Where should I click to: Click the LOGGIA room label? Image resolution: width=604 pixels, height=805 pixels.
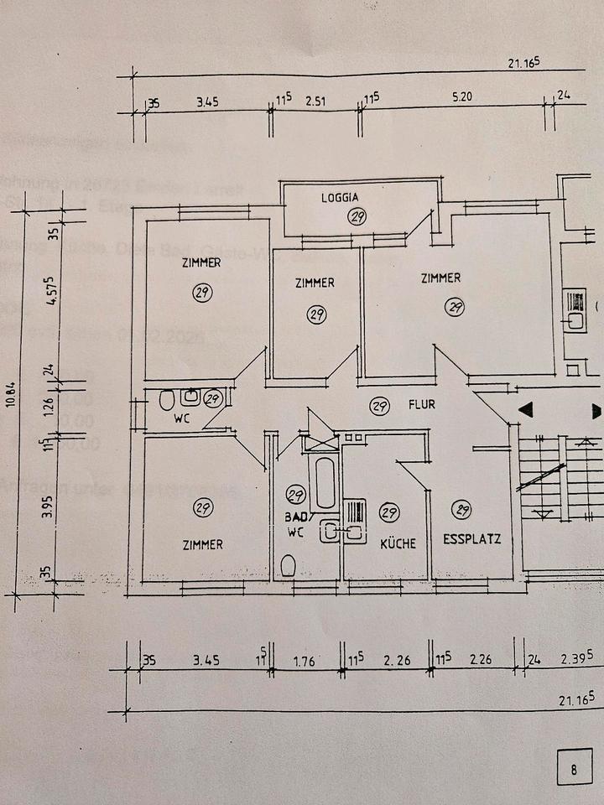(x=339, y=199)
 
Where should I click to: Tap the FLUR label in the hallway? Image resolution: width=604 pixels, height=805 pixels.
(x=421, y=404)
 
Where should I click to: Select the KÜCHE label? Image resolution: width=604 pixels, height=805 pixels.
(x=398, y=543)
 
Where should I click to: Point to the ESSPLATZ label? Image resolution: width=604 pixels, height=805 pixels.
(x=471, y=539)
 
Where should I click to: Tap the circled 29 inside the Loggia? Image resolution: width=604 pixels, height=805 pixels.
(x=358, y=217)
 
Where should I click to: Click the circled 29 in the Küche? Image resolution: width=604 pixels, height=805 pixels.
(x=388, y=512)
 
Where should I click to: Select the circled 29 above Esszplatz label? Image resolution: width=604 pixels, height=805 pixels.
(x=461, y=508)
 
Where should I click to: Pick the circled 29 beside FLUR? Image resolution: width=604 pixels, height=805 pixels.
(x=379, y=407)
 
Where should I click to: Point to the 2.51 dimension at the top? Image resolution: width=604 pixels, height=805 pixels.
(x=315, y=102)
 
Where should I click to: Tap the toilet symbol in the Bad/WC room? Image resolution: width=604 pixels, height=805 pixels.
(x=289, y=566)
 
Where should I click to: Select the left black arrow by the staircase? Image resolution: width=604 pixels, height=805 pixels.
(x=526, y=411)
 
